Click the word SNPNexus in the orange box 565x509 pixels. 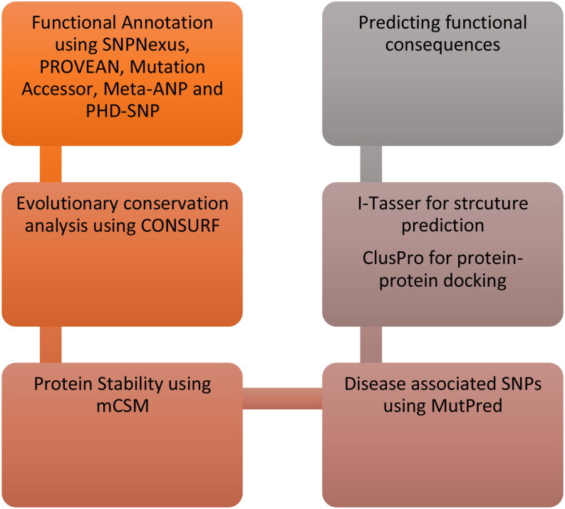(x=146, y=45)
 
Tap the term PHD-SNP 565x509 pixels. (x=123, y=111)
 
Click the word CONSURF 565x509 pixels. (x=180, y=226)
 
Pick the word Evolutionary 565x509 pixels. (x=68, y=204)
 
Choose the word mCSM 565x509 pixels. (x=123, y=406)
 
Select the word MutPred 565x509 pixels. (x=467, y=406)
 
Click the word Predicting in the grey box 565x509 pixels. (x=398, y=23)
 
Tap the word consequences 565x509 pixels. (x=442, y=46)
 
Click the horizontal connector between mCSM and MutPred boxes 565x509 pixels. (x=282, y=399)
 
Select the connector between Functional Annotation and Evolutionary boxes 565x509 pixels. (x=51, y=164)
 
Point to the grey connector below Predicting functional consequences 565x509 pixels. (x=370, y=164)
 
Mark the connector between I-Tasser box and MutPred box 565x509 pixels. (x=370, y=345)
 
